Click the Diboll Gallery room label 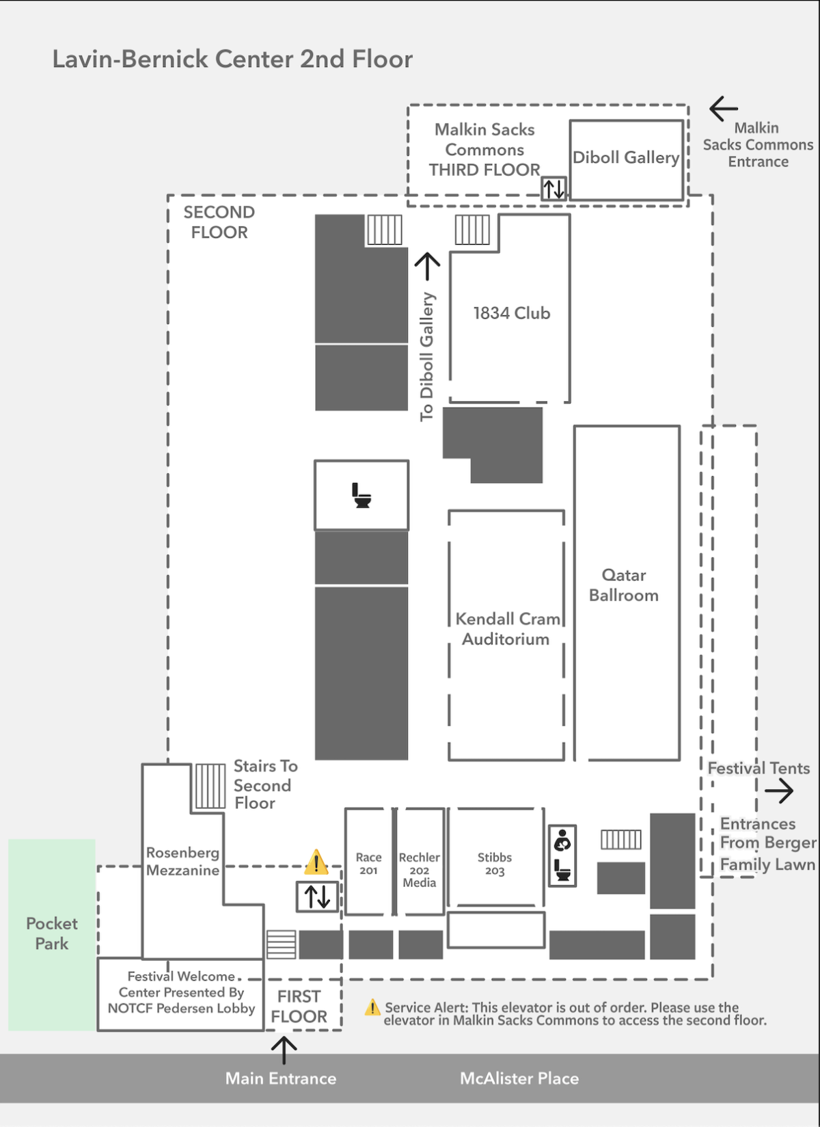(626, 157)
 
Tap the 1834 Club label (511, 313)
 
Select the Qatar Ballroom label (623, 585)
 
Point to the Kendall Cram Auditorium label (507, 629)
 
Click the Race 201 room (368, 862)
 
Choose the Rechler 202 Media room (420, 862)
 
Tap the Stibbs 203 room (495, 858)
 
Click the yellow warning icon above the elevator (316, 862)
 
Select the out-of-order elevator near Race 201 (317, 897)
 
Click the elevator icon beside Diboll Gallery (553, 189)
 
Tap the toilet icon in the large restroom (361, 495)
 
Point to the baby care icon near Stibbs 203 (562, 840)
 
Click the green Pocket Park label (52, 933)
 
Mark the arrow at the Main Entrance (284, 1050)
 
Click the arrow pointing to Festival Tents (779, 791)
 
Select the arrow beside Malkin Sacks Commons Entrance (724, 109)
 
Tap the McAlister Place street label (519, 1078)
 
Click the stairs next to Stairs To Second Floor (210, 786)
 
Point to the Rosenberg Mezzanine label (182, 862)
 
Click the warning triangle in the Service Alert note (372, 1007)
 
